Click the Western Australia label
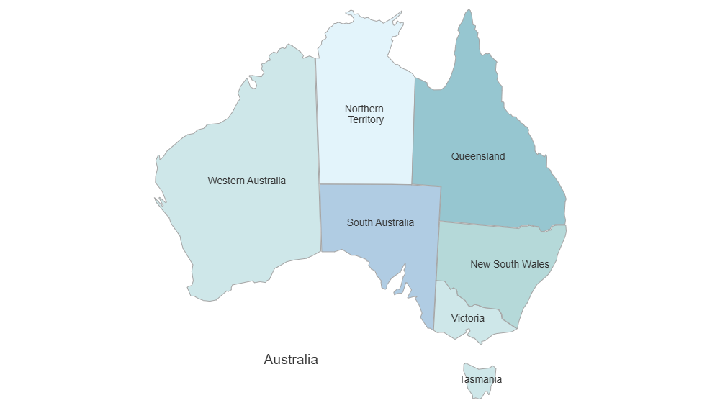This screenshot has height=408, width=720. [246, 181]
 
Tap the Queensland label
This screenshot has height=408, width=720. [478, 156]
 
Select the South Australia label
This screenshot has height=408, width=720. [380, 222]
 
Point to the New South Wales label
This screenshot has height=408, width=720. [510, 264]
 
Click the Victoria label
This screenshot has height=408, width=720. [468, 318]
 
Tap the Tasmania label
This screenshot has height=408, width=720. [481, 379]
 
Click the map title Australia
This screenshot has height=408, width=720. [291, 359]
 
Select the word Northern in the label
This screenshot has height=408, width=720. [364, 109]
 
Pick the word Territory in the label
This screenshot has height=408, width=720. [366, 120]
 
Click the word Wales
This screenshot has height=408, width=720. [534, 264]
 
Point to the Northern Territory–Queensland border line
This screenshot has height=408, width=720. [414, 130]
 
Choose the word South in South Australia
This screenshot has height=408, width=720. [359, 222]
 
